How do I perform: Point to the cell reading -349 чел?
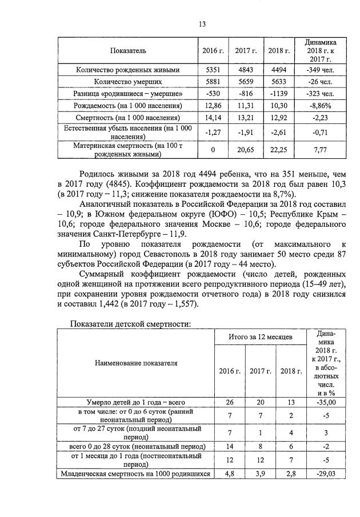320,70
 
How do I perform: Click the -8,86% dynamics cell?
320,106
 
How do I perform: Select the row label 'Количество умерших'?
128,82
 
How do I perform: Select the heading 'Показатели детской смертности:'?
130,324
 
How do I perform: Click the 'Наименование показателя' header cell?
137,363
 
